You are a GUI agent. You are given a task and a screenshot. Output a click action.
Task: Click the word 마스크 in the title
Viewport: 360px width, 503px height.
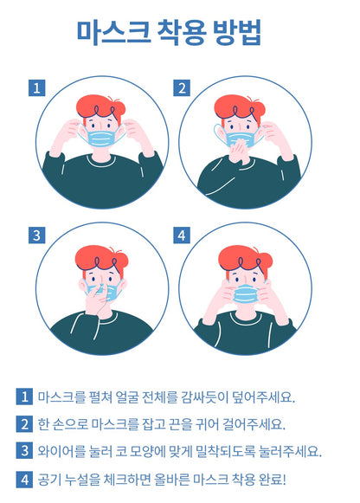pyautogui.click(x=113, y=32)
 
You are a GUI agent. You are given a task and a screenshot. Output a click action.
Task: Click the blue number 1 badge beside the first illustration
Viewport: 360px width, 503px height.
pyautogui.click(x=37, y=88)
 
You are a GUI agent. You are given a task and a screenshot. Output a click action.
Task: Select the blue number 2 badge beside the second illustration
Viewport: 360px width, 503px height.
pyautogui.click(x=182, y=88)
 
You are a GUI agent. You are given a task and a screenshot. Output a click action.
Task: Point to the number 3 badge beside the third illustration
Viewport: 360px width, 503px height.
pyautogui.click(x=37, y=235)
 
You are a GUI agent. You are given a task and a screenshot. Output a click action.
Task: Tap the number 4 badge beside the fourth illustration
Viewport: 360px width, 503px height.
pyautogui.click(x=182, y=235)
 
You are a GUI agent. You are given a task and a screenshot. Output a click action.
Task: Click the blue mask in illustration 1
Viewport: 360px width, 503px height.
pyautogui.click(x=101, y=139)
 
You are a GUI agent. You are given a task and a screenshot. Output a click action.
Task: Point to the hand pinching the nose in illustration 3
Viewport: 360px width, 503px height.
pyautogui.click(x=97, y=300)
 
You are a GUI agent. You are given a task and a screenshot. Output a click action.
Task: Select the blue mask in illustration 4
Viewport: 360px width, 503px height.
pyautogui.click(x=246, y=293)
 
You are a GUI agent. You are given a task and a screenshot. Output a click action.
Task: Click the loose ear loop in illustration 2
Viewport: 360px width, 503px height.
pyautogui.click(x=219, y=135)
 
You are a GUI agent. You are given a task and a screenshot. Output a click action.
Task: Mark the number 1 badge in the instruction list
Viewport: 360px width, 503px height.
pyautogui.click(x=24, y=397)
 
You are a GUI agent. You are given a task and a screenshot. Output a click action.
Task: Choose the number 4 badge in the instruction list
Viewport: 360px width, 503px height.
pyautogui.click(x=24, y=480)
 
